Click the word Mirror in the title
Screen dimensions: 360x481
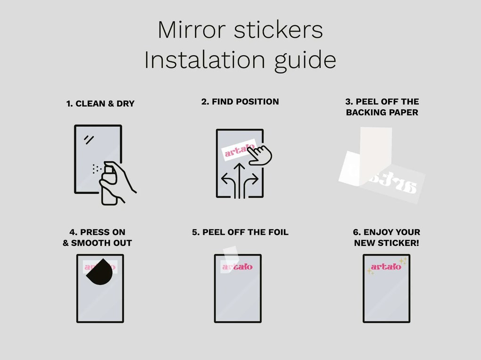tap(184, 30)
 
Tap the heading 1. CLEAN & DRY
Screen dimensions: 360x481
tap(100, 104)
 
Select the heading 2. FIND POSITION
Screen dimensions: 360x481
tap(240, 101)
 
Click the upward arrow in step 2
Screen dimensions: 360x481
tap(240, 179)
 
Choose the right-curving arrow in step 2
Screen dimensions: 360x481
tap(252, 181)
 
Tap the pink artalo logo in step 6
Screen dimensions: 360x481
tap(385, 267)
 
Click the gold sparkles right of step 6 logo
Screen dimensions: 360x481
tap(402, 261)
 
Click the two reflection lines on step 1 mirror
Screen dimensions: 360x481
tap(89, 139)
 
